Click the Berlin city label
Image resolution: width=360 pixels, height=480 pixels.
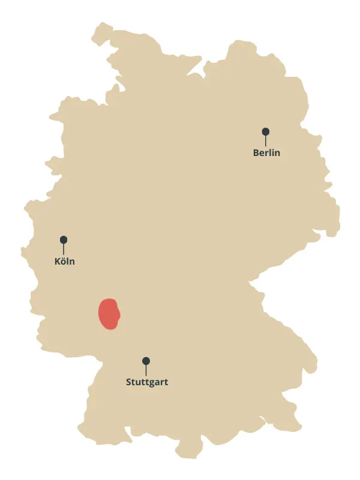pyautogui.click(x=266, y=153)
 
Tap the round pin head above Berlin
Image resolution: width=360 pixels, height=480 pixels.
pyautogui.click(x=265, y=131)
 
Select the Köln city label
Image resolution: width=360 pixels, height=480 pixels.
pyautogui.click(x=65, y=262)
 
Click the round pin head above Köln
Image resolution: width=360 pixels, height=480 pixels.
pyautogui.click(x=64, y=239)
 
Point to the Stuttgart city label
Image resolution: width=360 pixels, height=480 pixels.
pyautogui.click(x=147, y=382)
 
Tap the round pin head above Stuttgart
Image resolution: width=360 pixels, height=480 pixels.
pyautogui.click(x=146, y=361)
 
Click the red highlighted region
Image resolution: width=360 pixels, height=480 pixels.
pyautogui.click(x=109, y=313)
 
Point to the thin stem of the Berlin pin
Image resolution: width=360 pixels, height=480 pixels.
pyautogui.click(x=265, y=141)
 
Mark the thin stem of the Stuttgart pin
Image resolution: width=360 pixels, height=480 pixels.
pyautogui.click(x=146, y=370)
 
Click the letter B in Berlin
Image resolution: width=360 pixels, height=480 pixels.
pyautogui.click(x=256, y=153)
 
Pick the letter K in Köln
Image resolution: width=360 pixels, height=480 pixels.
pyautogui.click(x=57, y=262)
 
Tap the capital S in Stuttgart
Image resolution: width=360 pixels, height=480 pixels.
pyautogui.click(x=129, y=382)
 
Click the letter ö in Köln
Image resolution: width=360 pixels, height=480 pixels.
pyautogui.click(x=64, y=262)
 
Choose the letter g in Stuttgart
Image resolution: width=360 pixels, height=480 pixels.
pyautogui.click(x=152, y=383)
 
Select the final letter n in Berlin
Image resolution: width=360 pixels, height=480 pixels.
pyautogui.click(x=277, y=154)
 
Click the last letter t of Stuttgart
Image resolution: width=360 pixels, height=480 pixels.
pyautogui.click(x=166, y=382)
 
